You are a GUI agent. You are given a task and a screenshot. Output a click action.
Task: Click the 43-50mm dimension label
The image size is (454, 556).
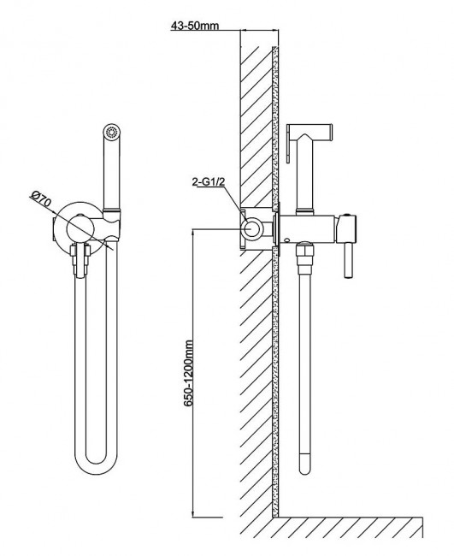pos(195,26)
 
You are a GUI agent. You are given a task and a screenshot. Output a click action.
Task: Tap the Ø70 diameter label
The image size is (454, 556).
pos(41,200)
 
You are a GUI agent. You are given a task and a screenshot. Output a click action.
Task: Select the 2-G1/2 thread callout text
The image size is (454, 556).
pos(209,182)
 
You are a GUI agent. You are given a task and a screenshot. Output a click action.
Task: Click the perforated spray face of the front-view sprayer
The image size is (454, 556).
pos(112,133)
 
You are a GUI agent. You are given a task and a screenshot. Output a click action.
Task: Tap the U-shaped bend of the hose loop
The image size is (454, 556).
pos(96,460)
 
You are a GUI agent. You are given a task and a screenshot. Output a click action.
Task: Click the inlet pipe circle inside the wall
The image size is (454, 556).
pos(251,228)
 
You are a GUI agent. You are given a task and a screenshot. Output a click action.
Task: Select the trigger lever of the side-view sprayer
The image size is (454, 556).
pos(288,145)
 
